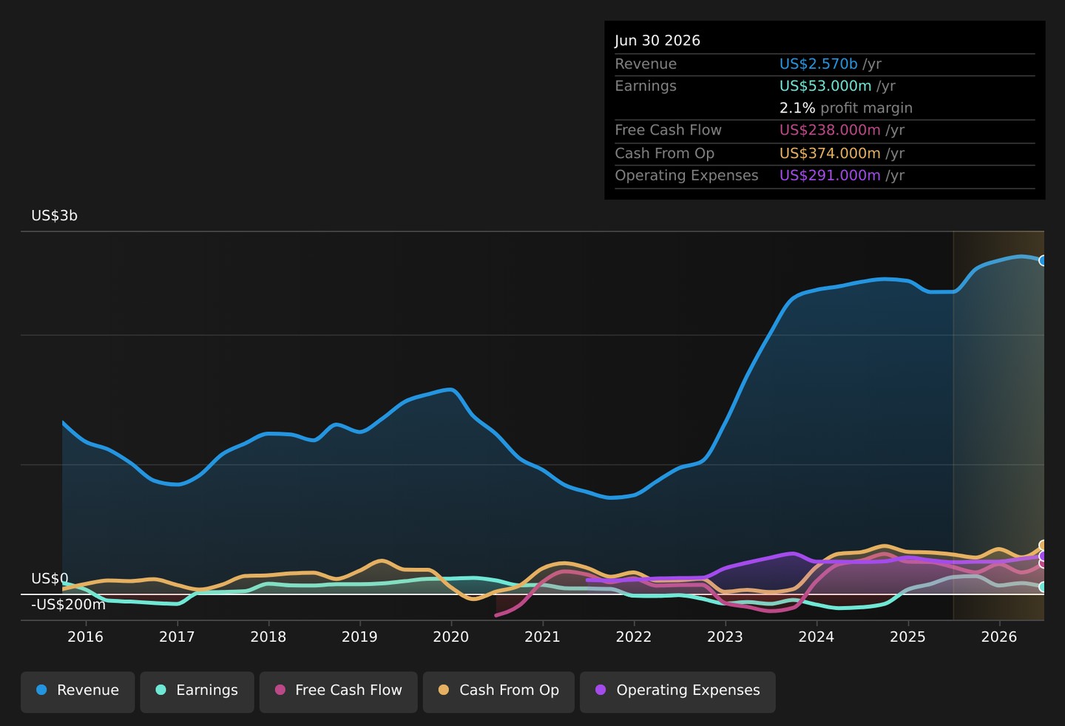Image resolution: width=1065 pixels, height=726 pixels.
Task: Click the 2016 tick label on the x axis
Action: tap(85, 637)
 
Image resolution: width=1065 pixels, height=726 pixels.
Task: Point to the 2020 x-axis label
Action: tap(450, 637)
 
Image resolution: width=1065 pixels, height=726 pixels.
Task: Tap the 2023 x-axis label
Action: tap(725, 637)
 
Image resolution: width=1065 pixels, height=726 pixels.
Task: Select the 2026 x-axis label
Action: tap(999, 637)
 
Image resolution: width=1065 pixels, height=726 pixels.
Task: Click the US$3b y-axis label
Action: tap(54, 216)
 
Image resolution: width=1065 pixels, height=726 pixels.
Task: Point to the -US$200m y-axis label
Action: tap(69, 604)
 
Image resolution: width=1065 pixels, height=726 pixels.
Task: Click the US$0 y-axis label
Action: tap(50, 579)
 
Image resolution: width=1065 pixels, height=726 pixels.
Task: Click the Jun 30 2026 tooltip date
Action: tap(657, 41)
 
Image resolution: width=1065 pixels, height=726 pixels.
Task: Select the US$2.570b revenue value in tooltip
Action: tap(818, 64)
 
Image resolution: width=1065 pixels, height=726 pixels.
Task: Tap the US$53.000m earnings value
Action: tap(825, 86)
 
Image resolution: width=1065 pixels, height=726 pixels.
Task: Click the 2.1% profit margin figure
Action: tap(797, 108)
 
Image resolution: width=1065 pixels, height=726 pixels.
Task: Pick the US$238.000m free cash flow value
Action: tap(830, 130)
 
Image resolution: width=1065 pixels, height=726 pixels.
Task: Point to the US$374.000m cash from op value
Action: tap(830, 154)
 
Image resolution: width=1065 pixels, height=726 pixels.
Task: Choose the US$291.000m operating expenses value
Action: tap(830, 176)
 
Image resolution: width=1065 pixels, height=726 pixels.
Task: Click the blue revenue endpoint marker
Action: tap(1041, 260)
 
